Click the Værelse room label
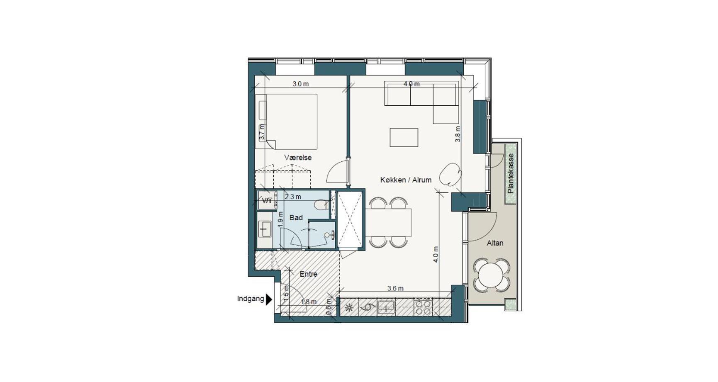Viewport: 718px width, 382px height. [x=298, y=158]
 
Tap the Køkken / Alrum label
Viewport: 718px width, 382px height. [x=406, y=180]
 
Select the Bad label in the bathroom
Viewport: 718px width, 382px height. [x=296, y=217]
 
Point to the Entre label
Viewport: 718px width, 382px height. [x=308, y=274]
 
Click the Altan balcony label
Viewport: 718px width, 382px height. [x=495, y=243]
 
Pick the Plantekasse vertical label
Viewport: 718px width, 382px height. [x=511, y=173]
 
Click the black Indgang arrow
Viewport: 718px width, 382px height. [x=269, y=299]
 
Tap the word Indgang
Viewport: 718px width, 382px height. [x=251, y=299]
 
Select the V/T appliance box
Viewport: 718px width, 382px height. [x=267, y=200]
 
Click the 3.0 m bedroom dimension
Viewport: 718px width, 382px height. [x=301, y=84]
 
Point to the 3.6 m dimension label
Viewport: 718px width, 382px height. [x=395, y=289]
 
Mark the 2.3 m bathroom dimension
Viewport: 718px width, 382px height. [x=293, y=197]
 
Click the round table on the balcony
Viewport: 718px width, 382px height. [x=492, y=274]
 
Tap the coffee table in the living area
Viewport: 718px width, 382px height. [x=404, y=137]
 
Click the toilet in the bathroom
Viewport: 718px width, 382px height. [x=321, y=205]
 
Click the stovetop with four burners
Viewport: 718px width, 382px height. [x=423, y=307]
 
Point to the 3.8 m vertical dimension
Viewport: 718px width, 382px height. [x=458, y=134]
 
